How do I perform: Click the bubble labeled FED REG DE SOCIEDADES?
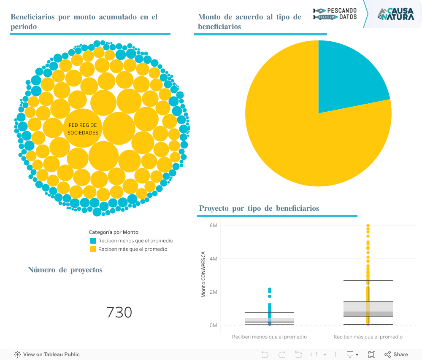83,129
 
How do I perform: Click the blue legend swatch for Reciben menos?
93,241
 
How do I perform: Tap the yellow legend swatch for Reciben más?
93,249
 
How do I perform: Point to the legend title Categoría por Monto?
114,232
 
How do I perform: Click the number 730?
119,313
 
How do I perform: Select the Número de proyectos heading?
65,270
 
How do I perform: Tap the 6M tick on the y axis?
213,226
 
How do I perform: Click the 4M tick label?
213,259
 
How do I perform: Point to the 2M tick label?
213,292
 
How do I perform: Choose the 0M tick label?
213,325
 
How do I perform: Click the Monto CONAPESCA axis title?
203,274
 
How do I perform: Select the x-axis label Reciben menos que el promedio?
269,337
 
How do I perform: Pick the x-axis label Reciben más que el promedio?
368,337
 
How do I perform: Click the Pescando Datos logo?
335,14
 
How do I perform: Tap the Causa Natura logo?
395,14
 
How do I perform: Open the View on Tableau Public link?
47,355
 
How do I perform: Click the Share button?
396,355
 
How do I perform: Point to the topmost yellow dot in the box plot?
368,226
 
